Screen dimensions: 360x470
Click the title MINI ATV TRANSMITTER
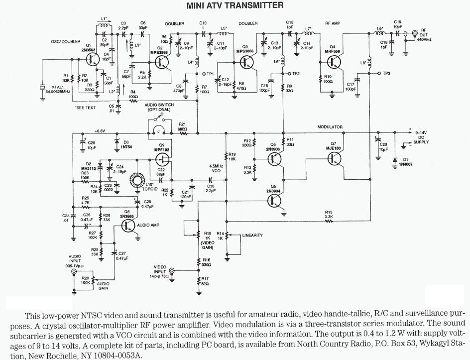pos(235,6)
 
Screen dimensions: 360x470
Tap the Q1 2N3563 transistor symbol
pos(91,59)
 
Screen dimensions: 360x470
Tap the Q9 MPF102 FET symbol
pos(162,160)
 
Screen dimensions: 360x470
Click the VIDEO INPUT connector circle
pos(172,271)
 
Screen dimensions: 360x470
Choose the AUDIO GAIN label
pos(103,285)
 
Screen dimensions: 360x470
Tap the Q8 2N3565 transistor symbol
pos(129,225)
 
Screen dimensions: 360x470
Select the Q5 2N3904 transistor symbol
pos(275,200)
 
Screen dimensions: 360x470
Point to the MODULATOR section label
pos(330,127)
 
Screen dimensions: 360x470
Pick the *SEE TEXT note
pos(84,108)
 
